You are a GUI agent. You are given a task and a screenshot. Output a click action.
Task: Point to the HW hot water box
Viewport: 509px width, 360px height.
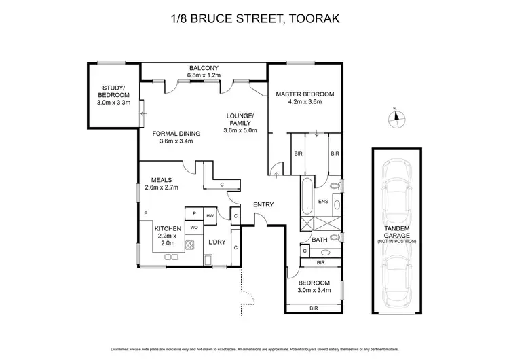click(210, 215)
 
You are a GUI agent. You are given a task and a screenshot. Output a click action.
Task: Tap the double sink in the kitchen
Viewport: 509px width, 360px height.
click(169, 257)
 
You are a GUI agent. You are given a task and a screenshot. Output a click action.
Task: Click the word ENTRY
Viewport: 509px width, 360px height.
click(263, 204)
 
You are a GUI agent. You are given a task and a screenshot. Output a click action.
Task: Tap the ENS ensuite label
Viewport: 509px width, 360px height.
click(323, 202)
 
